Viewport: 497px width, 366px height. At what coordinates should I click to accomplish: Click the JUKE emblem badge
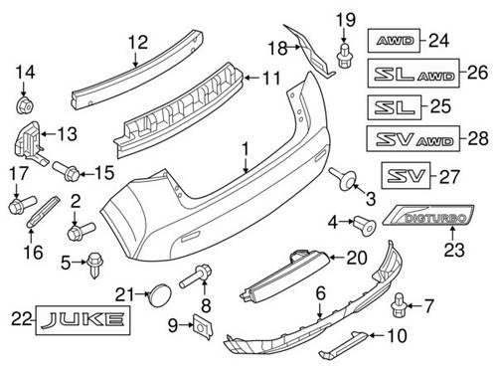click(83, 320)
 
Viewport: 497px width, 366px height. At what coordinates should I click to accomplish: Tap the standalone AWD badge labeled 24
click(394, 41)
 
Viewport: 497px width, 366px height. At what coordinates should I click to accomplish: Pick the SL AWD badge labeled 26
click(414, 73)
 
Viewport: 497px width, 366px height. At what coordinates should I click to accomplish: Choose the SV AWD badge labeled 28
click(414, 138)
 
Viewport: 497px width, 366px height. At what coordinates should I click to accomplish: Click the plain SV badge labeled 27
click(406, 175)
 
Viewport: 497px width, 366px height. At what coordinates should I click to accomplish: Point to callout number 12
click(138, 43)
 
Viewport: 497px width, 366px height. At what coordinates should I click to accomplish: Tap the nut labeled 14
click(24, 105)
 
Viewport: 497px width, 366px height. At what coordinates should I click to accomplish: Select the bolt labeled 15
click(66, 170)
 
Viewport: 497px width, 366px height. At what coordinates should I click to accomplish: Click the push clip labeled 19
click(344, 55)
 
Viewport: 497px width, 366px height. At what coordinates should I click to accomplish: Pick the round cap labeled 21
click(160, 294)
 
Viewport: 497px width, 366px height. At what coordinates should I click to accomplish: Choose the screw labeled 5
click(94, 265)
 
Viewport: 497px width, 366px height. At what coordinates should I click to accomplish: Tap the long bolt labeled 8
click(196, 275)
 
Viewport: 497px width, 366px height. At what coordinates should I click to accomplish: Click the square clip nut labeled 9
click(202, 326)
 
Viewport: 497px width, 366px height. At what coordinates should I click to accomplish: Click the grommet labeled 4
click(365, 225)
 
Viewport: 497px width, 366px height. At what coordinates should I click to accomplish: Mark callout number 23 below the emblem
click(454, 250)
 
